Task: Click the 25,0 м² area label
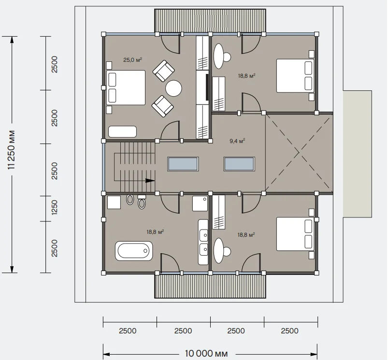pyautogui.click(x=132, y=59)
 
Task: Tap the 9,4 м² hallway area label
pyautogui.click(x=237, y=141)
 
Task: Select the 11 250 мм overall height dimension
pyautogui.click(x=12, y=149)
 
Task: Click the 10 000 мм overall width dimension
pyautogui.click(x=206, y=353)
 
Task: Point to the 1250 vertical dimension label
pyautogui.click(x=55, y=207)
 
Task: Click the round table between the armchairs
pyautogui.click(x=174, y=88)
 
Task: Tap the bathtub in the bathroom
pyautogui.click(x=134, y=251)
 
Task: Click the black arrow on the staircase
pyautogui.click(x=150, y=181)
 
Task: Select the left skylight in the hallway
pyautogui.click(x=183, y=164)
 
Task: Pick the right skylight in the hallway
pyautogui.click(x=239, y=164)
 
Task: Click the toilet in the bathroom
pyautogui.click(x=142, y=202)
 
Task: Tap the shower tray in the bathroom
pyautogui.click(x=200, y=203)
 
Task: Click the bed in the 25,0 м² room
pyautogui.click(x=126, y=87)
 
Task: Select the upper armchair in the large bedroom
pyautogui.click(x=164, y=71)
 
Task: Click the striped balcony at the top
pyautogui.click(x=210, y=20)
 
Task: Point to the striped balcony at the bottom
pyautogui.click(x=210, y=286)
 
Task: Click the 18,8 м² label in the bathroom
pyautogui.click(x=155, y=232)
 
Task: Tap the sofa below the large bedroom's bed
pyautogui.click(x=122, y=131)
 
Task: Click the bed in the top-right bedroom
pyautogui.click(x=295, y=76)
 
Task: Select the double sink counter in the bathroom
pyautogui.click(x=203, y=242)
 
